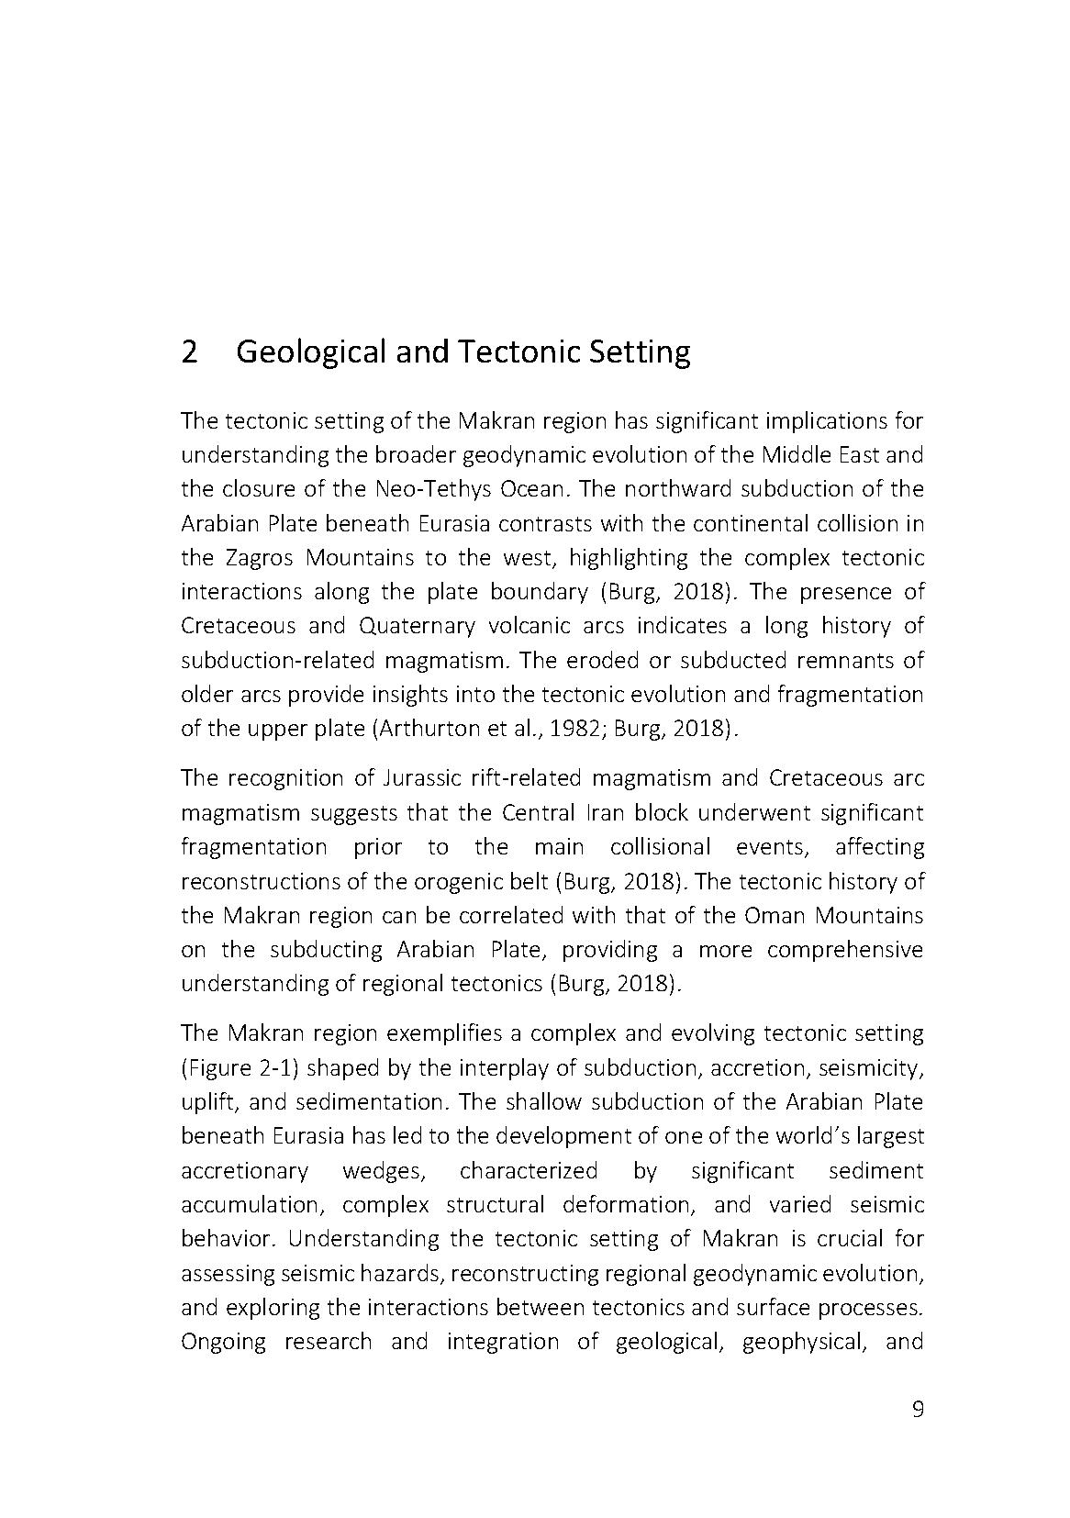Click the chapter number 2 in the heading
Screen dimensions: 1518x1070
click(x=189, y=352)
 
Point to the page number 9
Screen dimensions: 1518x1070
click(x=918, y=1410)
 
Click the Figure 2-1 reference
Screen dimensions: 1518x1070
click(x=236, y=1068)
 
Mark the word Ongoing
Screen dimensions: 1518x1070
click(x=223, y=1342)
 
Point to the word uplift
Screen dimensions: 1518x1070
click(x=208, y=1102)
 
